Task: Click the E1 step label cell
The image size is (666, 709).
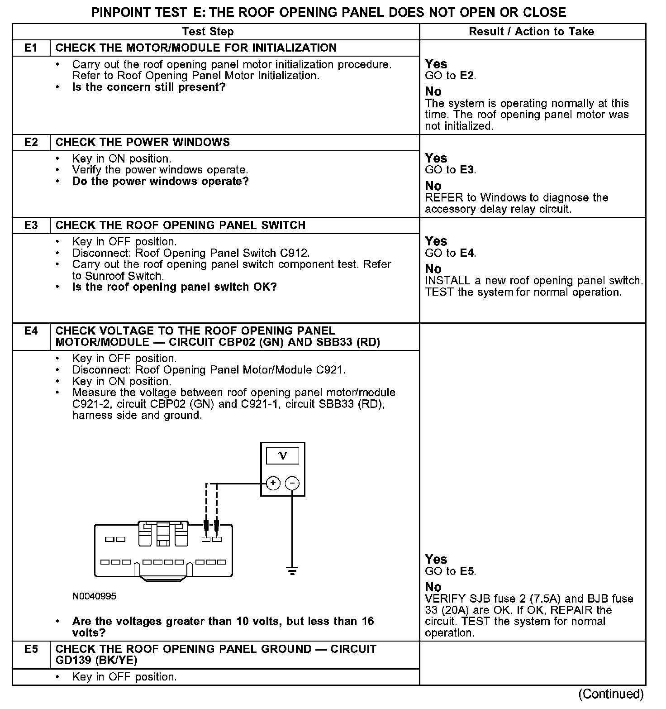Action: [31, 48]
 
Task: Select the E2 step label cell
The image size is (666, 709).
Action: [31, 143]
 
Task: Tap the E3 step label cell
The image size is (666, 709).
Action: [31, 225]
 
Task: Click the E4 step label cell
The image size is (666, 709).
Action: [31, 331]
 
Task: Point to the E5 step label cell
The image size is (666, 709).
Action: [31, 649]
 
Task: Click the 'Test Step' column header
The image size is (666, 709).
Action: [208, 32]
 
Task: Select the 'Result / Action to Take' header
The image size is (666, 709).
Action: [531, 32]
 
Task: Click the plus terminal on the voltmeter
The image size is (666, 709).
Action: [273, 484]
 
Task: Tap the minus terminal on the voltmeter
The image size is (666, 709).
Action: [292, 484]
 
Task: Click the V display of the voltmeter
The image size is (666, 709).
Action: [282, 455]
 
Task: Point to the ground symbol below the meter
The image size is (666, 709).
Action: [292, 570]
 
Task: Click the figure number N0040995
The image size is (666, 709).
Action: [94, 596]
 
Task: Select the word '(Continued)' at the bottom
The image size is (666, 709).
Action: [611, 694]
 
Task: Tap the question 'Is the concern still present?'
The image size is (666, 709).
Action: [148, 87]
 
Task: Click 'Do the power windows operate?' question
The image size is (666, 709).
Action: [160, 182]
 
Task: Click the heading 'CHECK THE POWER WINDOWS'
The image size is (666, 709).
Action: [143, 143]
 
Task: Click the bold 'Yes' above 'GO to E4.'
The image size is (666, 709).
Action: [436, 241]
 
